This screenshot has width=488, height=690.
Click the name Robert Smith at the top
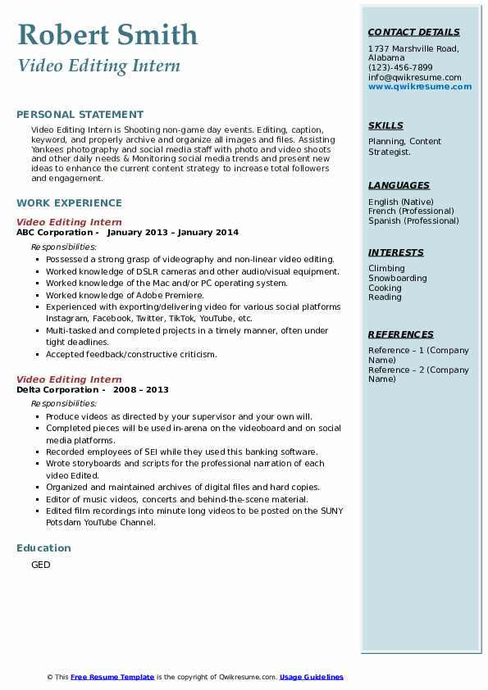[x=107, y=35]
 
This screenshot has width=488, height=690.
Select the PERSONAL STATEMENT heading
[x=80, y=115]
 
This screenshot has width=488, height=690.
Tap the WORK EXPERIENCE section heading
[x=69, y=202]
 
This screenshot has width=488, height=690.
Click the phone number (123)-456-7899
[x=400, y=68]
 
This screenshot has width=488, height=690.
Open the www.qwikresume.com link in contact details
[x=420, y=87]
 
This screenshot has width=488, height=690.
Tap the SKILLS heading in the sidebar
[x=385, y=125]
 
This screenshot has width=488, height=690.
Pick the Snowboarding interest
[x=398, y=279]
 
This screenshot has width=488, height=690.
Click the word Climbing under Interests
[x=386, y=269]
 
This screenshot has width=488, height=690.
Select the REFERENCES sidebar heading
[x=401, y=334]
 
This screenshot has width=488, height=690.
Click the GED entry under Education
[x=41, y=565]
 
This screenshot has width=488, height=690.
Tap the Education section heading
[x=43, y=547]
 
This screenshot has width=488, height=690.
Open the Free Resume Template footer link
[x=112, y=677]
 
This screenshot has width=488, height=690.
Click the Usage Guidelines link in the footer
[x=312, y=677]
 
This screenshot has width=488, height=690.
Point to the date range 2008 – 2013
[x=140, y=390]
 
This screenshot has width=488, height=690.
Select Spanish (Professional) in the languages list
[x=413, y=221]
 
